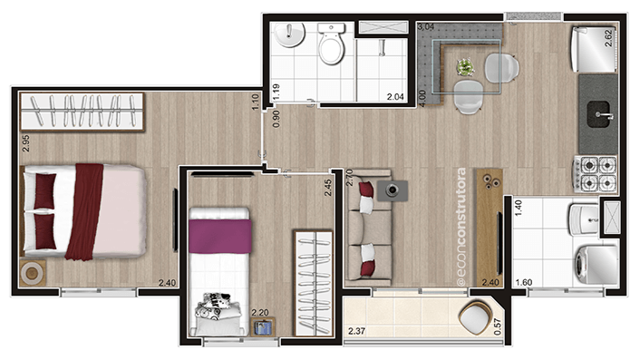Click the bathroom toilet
coord(332,44)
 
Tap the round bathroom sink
coord(289,34)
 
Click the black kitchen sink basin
coord(600,114)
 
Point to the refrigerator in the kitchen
coord(594,49)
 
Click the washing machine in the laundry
coord(596,264)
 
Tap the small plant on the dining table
coord(465,67)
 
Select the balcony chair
coord(476,317)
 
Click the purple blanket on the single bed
coord(220,236)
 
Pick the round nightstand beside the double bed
coord(33,273)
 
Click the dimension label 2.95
coord(25,143)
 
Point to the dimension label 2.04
coord(395,97)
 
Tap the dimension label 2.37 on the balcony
coord(357,331)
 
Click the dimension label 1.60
coord(524,282)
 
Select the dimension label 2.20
coord(260,313)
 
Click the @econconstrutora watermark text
coord(461,226)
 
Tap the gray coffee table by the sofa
coord(393,190)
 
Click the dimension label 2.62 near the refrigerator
coord(608,38)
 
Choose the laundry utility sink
coord(584,219)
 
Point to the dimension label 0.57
coord(497,326)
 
